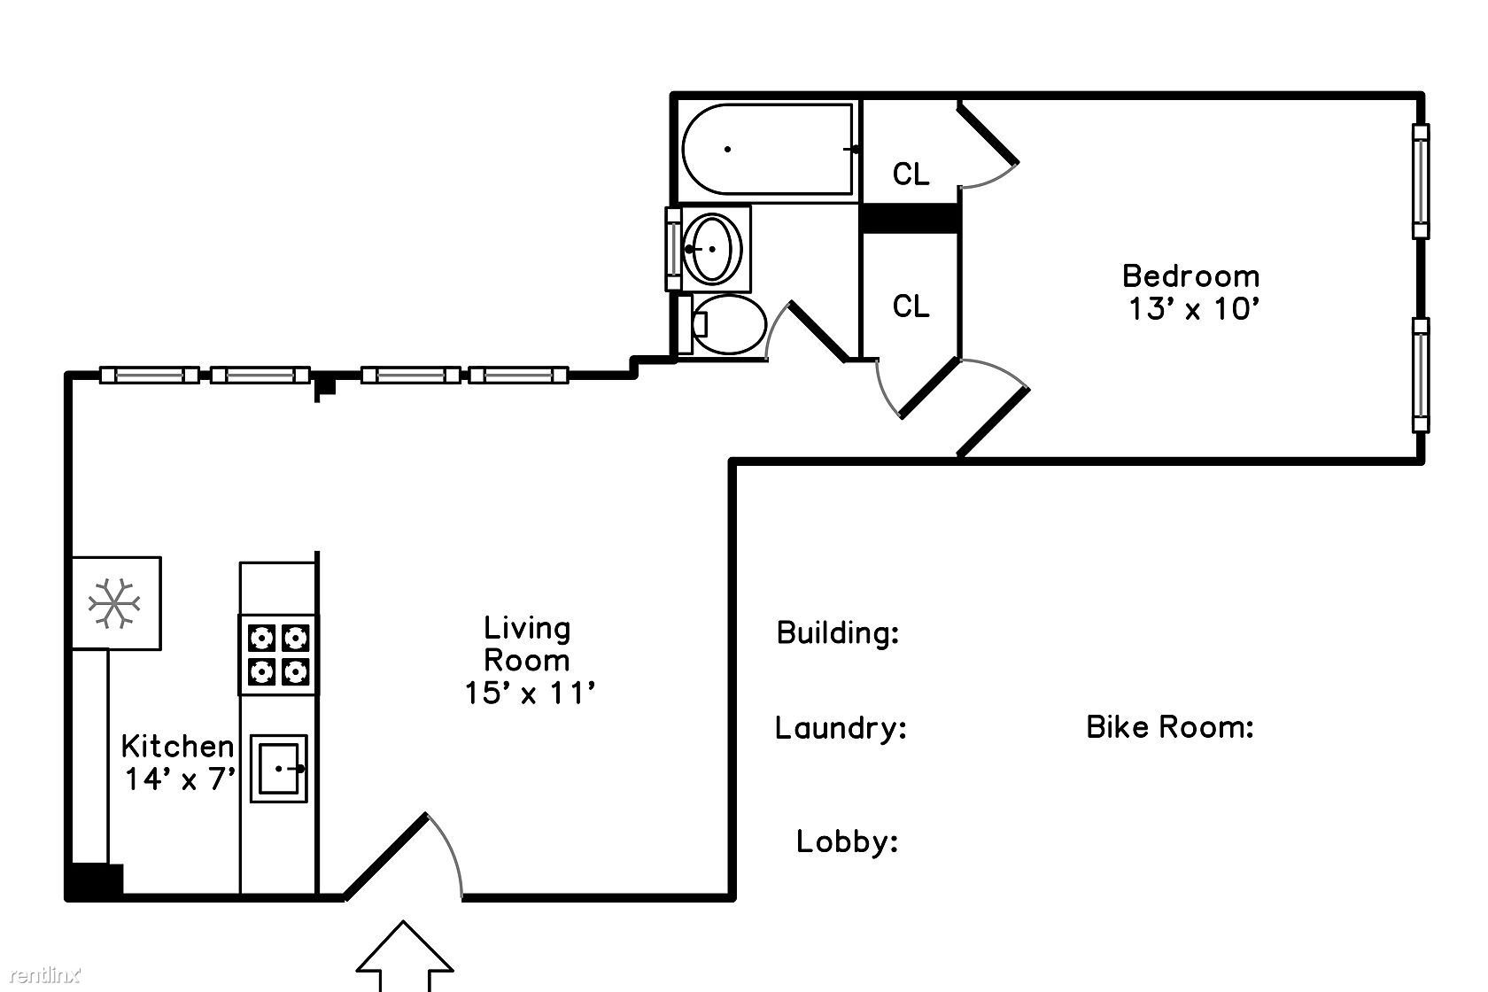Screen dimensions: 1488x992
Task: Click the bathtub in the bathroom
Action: [x=768, y=149]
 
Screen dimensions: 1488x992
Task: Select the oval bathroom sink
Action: [x=712, y=249]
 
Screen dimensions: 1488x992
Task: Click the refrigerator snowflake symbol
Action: [x=114, y=603]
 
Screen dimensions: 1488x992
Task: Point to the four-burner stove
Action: [x=278, y=655]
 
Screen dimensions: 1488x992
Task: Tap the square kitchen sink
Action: [x=278, y=768]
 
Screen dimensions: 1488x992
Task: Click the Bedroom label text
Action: [x=1190, y=275]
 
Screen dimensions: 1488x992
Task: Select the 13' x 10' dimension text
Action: [x=1193, y=309]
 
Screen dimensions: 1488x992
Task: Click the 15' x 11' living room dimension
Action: [x=529, y=693]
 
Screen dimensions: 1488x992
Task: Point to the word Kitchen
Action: [x=177, y=746]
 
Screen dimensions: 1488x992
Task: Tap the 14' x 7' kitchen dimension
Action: [x=180, y=779]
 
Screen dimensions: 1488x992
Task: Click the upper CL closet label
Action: [x=911, y=174]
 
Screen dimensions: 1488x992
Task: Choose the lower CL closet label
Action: [x=911, y=306]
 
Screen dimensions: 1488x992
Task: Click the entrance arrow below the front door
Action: [x=405, y=956]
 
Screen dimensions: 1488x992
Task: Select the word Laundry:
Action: [x=841, y=727]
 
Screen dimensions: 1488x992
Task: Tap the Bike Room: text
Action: [x=1170, y=727]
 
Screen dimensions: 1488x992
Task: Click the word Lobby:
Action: [x=847, y=841]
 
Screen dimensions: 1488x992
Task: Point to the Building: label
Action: [x=838, y=632]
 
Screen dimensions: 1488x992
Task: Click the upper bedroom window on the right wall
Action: [x=1421, y=181]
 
